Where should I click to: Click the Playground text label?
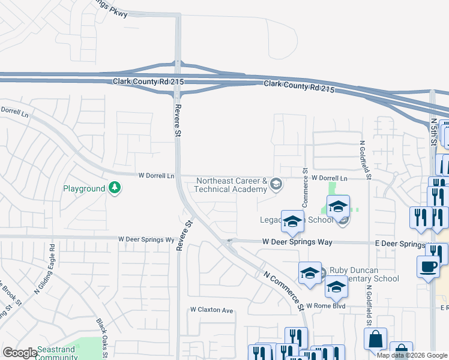coord(84,188)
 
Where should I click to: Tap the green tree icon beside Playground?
coord(114,188)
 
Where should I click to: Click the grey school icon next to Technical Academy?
coord(276,184)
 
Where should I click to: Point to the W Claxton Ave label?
coord(211,310)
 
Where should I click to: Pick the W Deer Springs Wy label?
coord(146,238)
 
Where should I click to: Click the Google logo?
coord(20,353)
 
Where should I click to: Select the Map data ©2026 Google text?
coord(412,355)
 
